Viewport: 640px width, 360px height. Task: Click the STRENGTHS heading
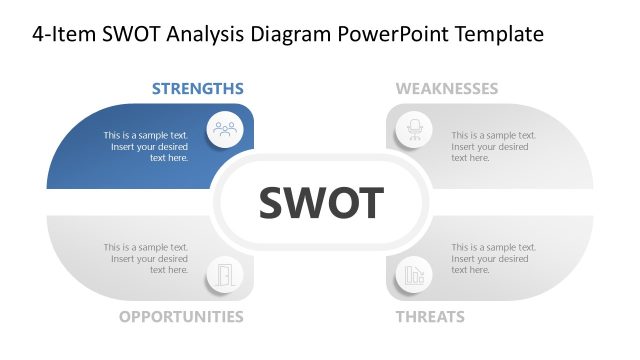coord(197,88)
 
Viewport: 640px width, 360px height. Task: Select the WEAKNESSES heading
coord(446,88)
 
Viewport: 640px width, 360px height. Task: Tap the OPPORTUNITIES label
coord(181,317)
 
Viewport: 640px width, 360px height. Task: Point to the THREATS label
coord(430,317)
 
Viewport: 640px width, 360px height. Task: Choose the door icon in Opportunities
coord(225,274)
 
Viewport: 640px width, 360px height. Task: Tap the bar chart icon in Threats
coord(412,274)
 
